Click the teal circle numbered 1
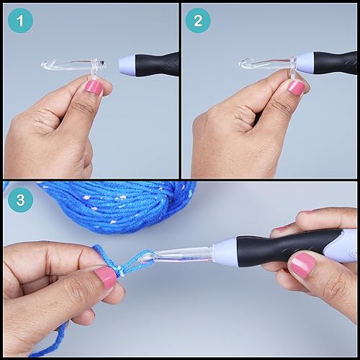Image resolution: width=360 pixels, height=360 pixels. tap(20, 21)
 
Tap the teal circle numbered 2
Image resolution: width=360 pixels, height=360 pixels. tap(198, 21)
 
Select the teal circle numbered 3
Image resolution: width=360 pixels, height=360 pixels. tap(20, 200)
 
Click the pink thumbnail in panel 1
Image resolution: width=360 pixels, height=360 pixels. tap(93, 88)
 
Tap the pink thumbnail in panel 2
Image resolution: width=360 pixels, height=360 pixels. tap(297, 87)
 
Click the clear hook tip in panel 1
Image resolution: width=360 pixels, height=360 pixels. tap(45, 65)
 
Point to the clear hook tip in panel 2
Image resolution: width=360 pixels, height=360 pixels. tap(243, 63)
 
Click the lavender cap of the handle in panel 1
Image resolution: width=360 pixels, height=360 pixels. tap(127, 66)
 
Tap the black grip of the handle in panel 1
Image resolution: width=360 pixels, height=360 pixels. tap(157, 65)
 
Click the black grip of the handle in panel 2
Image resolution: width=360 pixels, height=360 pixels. tap(335, 63)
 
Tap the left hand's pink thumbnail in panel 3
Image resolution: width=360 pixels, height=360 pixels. tap(106, 278)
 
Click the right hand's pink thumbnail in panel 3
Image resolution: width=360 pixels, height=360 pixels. tap(302, 266)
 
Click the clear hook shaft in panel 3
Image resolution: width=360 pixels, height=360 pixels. tap(182, 255)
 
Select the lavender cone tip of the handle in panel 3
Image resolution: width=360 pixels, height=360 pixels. tap(225, 248)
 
